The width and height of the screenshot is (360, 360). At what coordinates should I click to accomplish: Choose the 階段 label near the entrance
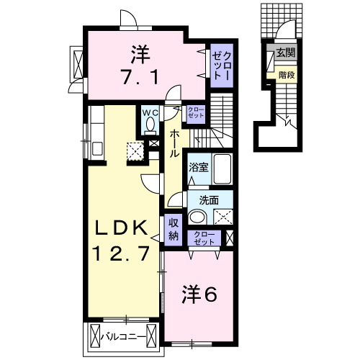[287, 73]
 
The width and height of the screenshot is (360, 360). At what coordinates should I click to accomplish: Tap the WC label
[150, 112]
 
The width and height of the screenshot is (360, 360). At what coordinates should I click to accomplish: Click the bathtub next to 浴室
[221, 170]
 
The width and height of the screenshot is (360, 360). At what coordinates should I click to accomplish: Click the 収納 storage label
[174, 230]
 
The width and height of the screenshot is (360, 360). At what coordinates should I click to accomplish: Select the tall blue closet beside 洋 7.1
[222, 66]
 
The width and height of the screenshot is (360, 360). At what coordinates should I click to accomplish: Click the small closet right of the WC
[195, 113]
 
